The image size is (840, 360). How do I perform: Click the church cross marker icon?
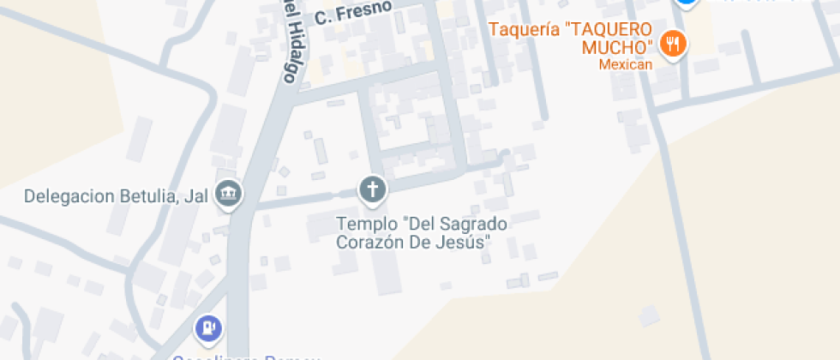point(372,189)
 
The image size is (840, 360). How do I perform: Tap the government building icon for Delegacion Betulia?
point(229,195)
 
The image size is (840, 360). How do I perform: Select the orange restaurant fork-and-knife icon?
point(674,44)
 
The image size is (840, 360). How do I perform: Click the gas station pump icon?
point(208,328)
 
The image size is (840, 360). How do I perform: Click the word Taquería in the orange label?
point(525,28)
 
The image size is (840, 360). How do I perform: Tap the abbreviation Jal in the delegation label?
point(196,196)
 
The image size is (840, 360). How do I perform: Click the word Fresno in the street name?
point(363,10)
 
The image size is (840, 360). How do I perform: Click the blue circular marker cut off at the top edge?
point(686,3)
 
